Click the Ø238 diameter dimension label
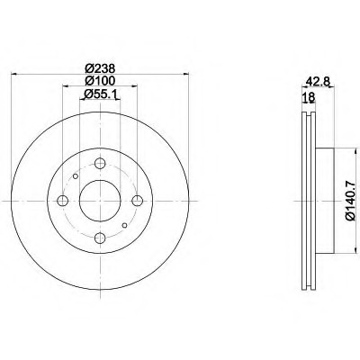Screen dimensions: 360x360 click(100, 68)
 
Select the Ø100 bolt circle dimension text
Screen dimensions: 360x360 click(100, 81)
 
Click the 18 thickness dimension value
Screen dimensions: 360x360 click(309, 97)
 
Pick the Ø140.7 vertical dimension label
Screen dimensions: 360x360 click(350, 201)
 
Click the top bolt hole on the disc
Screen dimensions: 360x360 click(100, 164)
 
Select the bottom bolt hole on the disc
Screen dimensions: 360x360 click(100, 238)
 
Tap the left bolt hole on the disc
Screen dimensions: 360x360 click(62, 201)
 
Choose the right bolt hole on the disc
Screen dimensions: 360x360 click(138, 201)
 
